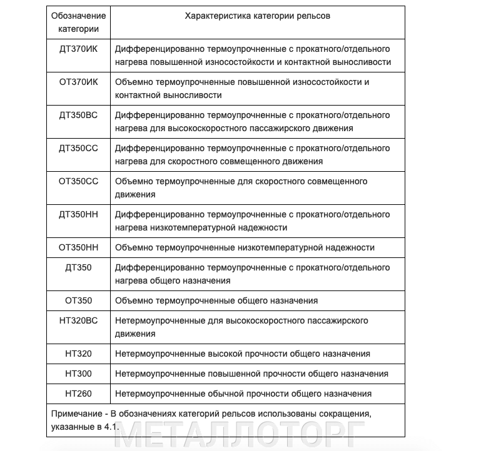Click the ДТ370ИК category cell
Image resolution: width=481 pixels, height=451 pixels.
click(78, 49)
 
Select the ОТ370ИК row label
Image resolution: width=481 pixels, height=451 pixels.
click(78, 82)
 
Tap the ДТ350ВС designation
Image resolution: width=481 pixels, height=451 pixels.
click(78, 115)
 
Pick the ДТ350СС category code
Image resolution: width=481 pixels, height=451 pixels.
click(78, 148)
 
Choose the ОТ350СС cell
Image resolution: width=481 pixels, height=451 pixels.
click(78, 181)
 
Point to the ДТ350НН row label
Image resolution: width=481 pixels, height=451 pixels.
click(78, 214)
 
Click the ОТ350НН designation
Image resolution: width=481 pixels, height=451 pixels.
click(78, 247)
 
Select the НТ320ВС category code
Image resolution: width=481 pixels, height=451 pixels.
click(78, 320)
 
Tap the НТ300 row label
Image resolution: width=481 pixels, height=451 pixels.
click(78, 374)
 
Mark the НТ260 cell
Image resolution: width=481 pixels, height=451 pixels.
click(78, 394)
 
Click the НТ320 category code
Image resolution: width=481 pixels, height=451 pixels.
click(78, 354)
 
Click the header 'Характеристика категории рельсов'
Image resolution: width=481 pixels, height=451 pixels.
click(258, 16)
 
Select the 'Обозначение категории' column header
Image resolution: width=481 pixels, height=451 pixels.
click(78, 22)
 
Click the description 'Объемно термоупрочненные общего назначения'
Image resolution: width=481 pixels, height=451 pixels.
click(216, 300)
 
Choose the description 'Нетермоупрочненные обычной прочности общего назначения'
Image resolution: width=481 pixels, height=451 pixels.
click(243, 394)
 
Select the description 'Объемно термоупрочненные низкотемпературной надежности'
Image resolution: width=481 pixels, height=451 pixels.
click(245, 247)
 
